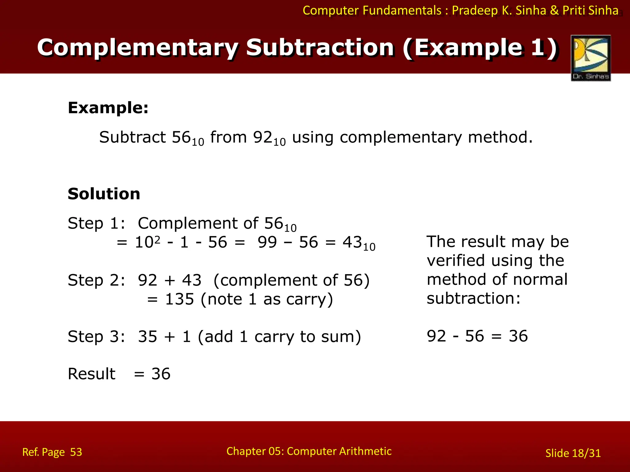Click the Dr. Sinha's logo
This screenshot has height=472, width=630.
(591, 58)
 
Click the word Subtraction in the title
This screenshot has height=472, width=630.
(320, 48)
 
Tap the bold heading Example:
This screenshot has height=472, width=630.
(108, 108)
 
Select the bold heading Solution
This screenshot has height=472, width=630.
(104, 194)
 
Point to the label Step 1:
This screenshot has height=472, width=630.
(96, 223)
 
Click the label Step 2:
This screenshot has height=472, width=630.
(96, 280)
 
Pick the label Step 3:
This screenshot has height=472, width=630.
(96, 337)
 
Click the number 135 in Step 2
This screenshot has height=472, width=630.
(180, 299)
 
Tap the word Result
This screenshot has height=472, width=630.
(91, 374)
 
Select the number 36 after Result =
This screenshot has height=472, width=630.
(161, 374)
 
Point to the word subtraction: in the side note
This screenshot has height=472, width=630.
(473, 298)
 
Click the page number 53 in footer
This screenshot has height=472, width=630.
(76, 452)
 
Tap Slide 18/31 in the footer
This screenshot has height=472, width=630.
(573, 453)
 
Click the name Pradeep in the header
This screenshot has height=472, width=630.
(475, 10)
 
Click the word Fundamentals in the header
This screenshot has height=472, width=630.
(402, 10)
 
